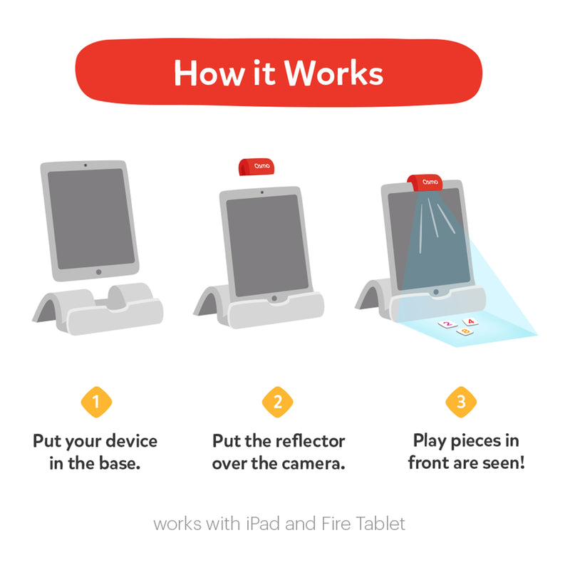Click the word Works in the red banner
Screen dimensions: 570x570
pyautogui.click(x=333, y=73)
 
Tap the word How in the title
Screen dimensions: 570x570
pyautogui.click(x=209, y=73)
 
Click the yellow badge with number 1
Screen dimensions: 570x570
pyautogui.click(x=96, y=402)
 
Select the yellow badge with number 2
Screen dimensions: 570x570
pyautogui.click(x=277, y=402)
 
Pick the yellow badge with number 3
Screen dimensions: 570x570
pyautogui.click(x=461, y=402)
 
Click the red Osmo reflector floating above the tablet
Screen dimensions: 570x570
pyautogui.click(x=256, y=167)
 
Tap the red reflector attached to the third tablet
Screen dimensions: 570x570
pyautogui.click(x=425, y=183)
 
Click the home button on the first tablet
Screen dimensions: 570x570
pyautogui.click(x=98, y=272)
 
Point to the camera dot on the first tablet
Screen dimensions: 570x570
pyautogui.click(x=85, y=165)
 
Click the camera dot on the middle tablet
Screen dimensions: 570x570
pyautogui.click(x=262, y=192)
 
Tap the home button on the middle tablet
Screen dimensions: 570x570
pyautogui.click(x=274, y=299)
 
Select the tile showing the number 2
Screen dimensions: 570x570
pyautogui.click(x=447, y=324)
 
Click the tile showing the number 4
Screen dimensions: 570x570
pyautogui.click(x=470, y=322)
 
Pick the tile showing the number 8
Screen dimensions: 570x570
pyautogui.click(x=465, y=331)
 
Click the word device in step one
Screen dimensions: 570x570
pyautogui.click(x=132, y=440)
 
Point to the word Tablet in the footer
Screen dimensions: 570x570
pyautogui.click(x=380, y=524)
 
